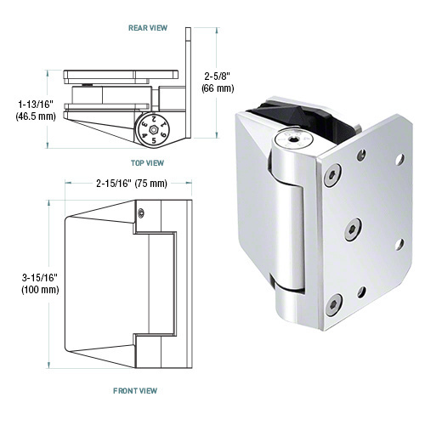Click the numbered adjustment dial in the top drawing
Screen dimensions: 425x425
point(152,131)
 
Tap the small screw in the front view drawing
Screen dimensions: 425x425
point(141,212)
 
